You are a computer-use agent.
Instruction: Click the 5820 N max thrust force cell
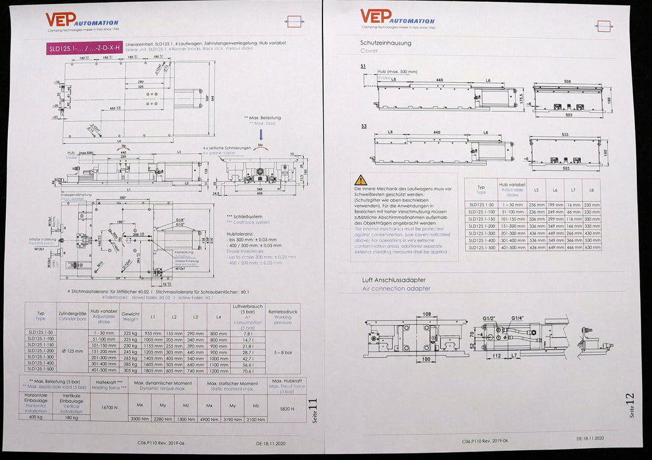click(285, 408)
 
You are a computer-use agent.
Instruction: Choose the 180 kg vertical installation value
click(71, 417)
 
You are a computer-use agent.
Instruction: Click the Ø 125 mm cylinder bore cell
click(72, 351)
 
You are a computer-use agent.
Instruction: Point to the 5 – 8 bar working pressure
click(282, 352)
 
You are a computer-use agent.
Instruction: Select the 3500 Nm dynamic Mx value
click(139, 418)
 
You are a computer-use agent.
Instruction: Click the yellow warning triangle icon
click(361, 179)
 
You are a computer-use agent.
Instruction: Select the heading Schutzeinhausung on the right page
click(386, 43)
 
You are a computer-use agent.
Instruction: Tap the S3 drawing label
click(364, 125)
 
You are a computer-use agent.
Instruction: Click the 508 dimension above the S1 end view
click(567, 82)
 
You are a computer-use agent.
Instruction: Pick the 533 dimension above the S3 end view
click(565, 135)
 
